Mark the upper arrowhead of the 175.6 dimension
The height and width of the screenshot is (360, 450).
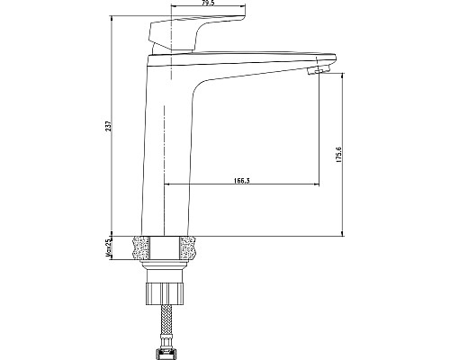tap(343, 77)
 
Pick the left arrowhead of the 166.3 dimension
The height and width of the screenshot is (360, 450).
tap(168, 185)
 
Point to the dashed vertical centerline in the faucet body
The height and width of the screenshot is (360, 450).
tap(165, 135)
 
